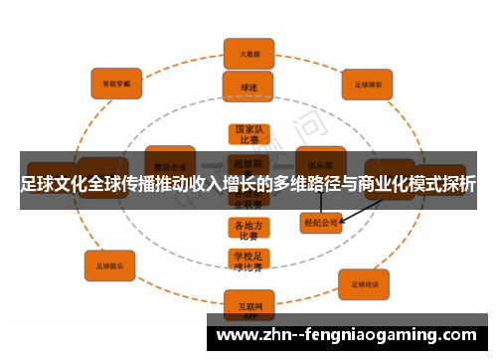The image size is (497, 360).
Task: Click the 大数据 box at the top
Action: tap(248, 54)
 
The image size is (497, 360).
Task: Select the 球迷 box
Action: tap(248, 87)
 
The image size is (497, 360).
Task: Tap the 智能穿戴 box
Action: tap(116, 83)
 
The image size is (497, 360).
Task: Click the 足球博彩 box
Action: tap(369, 84)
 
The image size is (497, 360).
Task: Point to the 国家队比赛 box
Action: tap(248, 135)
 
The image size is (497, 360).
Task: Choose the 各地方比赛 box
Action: tap(248, 230)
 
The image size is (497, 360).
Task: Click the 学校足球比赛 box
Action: tap(248, 262)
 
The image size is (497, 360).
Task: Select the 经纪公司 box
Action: tap(321, 223)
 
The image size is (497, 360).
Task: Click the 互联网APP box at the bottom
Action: tap(248, 303)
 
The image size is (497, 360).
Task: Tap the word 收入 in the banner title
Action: tap(215, 185)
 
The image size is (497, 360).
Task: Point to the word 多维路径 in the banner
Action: tap(305, 185)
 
